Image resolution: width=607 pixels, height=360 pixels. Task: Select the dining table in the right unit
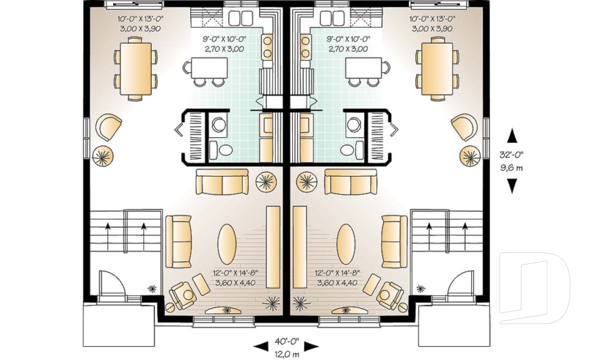(437, 68)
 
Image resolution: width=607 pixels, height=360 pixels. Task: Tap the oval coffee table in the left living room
(228, 244)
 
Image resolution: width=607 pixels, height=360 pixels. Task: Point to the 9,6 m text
(512, 168)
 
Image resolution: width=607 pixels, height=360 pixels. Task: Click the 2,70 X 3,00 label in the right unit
(347, 49)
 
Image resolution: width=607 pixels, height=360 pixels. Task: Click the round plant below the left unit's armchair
(102, 156)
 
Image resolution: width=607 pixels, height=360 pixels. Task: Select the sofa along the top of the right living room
(351, 182)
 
